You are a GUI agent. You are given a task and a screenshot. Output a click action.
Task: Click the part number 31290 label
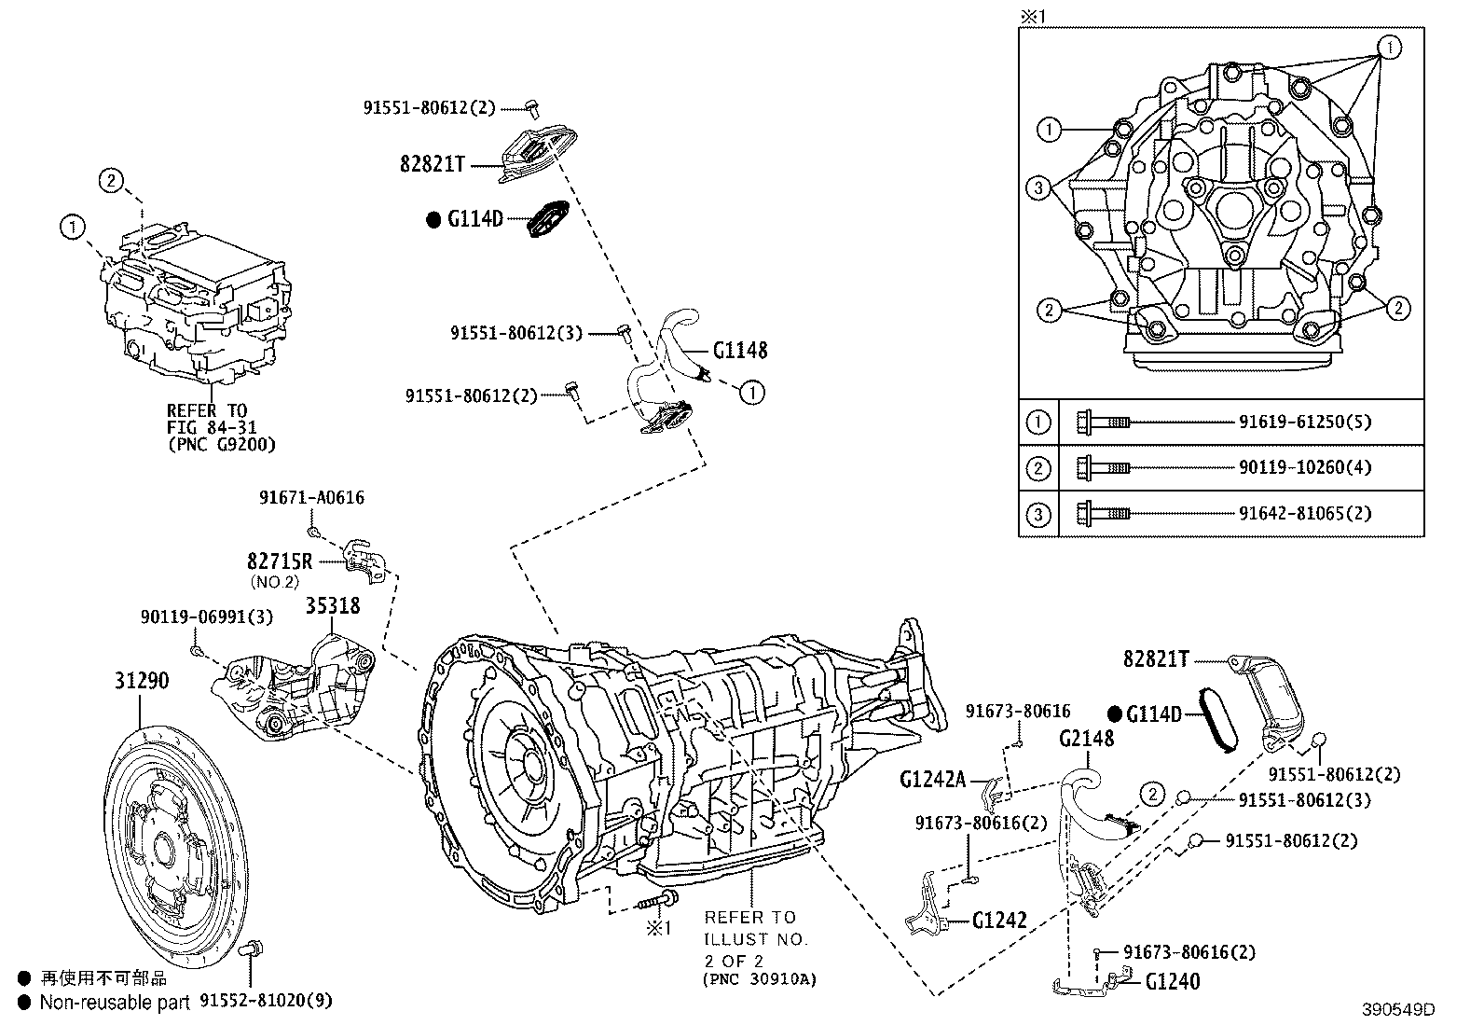(x=142, y=681)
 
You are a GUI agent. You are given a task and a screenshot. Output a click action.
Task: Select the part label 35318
(x=333, y=605)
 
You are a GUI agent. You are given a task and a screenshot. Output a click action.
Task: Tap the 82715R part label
(x=280, y=561)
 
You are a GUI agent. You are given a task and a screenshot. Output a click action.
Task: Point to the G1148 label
(x=740, y=351)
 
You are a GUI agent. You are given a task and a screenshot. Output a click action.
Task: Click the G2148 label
(x=1086, y=740)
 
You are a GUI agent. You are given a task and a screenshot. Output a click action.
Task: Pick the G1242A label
(x=933, y=779)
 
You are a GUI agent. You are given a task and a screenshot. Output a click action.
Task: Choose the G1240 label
(x=1173, y=981)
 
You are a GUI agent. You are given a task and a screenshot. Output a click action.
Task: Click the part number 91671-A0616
(x=311, y=498)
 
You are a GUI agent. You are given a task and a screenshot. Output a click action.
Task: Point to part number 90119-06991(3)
(x=207, y=616)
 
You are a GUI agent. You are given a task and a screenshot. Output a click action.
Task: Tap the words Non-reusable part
(x=115, y=1002)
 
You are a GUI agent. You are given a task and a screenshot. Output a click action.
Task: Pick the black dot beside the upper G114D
(x=433, y=220)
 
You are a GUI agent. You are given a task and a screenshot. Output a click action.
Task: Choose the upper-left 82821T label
(x=433, y=164)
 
